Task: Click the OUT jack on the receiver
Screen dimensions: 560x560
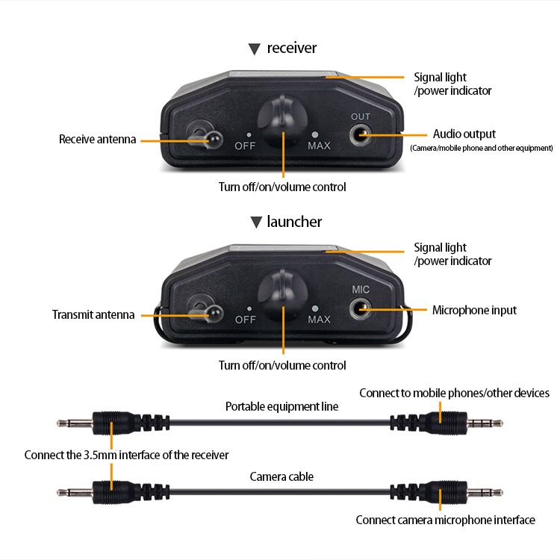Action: pos(361,134)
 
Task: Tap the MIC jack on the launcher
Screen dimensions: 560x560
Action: pos(361,308)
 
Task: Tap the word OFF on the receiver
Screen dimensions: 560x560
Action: pos(246,146)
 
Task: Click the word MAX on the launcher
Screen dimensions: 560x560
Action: pos(319,320)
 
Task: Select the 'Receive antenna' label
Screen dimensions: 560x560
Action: pos(98,140)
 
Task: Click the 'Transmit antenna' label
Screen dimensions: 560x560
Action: pos(93,314)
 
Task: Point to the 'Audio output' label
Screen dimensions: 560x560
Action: pos(464,134)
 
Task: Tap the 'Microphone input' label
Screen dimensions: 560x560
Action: pos(474,310)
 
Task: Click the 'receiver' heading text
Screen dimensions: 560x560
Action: pos(292,49)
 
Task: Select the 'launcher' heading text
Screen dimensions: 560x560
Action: pos(294,222)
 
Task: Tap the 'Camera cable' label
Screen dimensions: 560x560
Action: pos(281,476)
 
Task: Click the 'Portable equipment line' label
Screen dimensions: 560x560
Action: pos(282,407)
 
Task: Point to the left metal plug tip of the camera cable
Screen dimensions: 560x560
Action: pos(67,493)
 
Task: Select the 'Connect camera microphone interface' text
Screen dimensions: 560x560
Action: pos(445,520)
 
